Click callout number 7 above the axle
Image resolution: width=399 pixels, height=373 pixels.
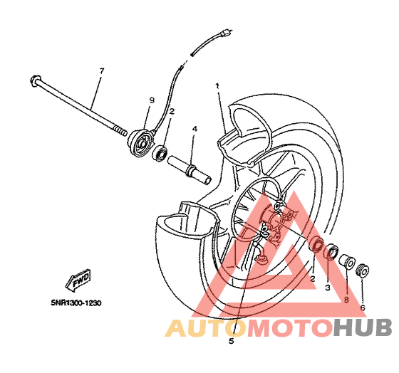[102, 71]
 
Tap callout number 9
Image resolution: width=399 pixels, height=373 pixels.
[152, 100]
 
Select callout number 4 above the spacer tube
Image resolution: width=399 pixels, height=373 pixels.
[195, 129]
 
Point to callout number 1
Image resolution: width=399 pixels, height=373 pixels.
[217, 85]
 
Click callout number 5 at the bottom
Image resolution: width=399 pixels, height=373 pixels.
[231, 341]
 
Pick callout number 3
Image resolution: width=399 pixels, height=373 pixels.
[328, 288]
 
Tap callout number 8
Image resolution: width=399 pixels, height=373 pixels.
[346, 300]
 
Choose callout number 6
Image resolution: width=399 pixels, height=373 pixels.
[363, 308]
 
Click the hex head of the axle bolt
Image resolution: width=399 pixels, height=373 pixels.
[35, 81]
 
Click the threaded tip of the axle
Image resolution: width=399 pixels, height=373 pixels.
[120, 131]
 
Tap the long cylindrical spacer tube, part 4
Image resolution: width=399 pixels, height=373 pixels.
[190, 169]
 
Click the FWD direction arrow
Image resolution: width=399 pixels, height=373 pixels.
[78, 279]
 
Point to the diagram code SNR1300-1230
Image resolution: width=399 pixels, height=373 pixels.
[76, 303]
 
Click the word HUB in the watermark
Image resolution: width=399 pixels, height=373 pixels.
[363, 328]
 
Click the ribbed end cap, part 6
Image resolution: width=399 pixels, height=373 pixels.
[363, 270]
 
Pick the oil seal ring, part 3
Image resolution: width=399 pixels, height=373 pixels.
[331, 252]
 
